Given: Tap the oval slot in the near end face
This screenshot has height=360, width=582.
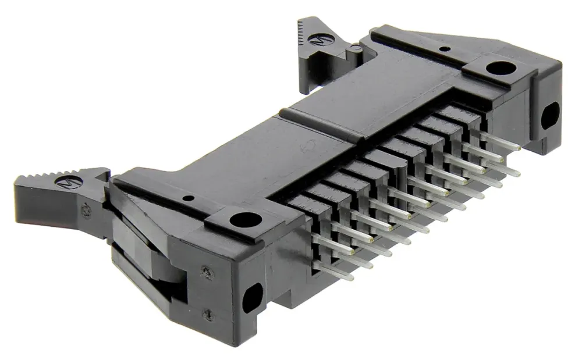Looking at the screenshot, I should point(252,298).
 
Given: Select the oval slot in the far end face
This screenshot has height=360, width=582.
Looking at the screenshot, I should point(549,116).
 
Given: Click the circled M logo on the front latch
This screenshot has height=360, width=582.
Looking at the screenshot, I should point(63,182).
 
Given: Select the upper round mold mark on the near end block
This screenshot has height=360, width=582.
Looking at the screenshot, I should point(205,269).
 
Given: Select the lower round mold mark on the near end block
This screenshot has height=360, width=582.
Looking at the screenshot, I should point(205,313).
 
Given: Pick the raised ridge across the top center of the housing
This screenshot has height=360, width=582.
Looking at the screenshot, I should point(326,123).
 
